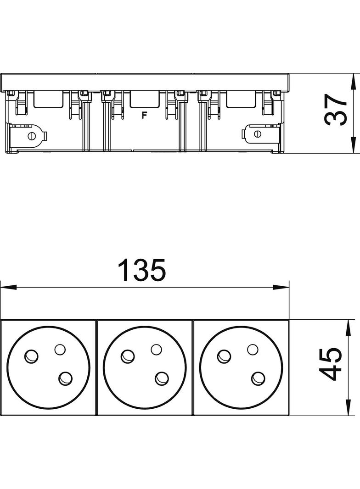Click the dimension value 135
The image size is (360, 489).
[142, 270]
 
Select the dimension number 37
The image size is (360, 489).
[336, 110]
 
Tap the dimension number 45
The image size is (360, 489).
[331, 364]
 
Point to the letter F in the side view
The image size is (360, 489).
[144, 116]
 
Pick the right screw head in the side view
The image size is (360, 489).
[258, 134]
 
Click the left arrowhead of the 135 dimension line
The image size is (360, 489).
[9, 287]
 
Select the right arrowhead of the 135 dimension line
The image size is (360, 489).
[281, 287]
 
